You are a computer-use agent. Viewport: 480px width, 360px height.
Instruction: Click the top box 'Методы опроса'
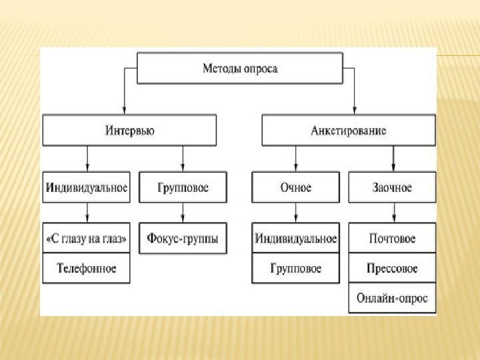pos(239,69)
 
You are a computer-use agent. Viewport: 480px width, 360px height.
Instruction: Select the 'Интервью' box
pos(129,131)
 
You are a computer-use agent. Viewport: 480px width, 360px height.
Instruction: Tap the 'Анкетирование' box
pos(348,131)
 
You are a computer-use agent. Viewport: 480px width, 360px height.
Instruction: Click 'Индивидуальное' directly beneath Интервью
pos(87,187)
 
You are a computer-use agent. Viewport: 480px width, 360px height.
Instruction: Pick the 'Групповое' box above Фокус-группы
pos(183,187)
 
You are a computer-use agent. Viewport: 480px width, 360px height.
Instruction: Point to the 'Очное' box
pos(295,187)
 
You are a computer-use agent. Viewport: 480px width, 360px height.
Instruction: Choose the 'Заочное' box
pos(392,187)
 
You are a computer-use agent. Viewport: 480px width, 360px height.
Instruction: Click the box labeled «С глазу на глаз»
pos(87,238)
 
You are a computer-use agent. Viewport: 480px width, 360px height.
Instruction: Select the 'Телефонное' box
pos(87,268)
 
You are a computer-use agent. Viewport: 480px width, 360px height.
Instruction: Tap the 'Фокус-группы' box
pos(183,238)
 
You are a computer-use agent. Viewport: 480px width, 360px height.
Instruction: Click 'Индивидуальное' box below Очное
pos(295,238)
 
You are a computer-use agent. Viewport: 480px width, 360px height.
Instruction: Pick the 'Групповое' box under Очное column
pos(295,268)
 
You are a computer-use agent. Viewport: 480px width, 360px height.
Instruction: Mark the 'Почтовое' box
pos(392,238)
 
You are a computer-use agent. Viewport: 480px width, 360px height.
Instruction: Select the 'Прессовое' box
pos(392,268)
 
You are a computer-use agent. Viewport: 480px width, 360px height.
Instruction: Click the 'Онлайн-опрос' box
pos(392,298)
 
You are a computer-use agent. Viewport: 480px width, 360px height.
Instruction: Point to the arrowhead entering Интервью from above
pos(124,110)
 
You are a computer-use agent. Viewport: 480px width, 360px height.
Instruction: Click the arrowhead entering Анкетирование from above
pos(354,110)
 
